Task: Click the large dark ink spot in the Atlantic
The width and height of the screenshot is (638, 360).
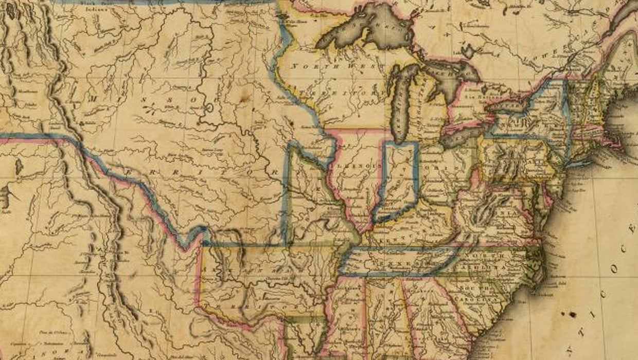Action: click(572, 314)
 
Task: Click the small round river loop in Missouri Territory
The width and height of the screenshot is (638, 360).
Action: click(208, 109)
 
